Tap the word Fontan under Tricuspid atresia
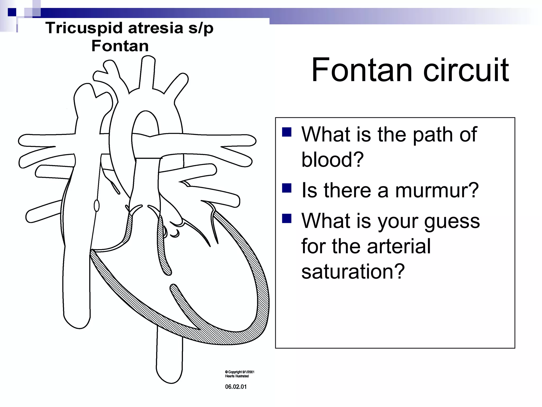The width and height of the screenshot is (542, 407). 120,46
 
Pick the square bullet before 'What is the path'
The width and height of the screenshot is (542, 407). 287,132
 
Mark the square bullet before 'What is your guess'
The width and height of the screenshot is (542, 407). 287,219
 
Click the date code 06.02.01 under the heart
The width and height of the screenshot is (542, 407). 236,387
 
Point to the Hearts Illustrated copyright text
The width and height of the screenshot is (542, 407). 237,376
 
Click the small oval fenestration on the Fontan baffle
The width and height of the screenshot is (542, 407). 97,206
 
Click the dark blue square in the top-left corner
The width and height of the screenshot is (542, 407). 12,12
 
